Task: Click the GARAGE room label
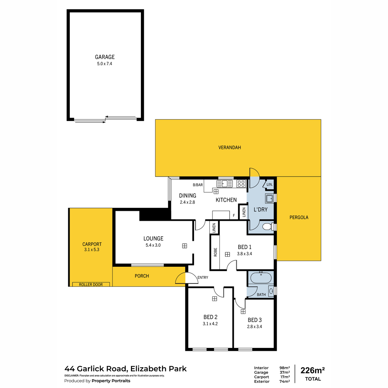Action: [105, 57]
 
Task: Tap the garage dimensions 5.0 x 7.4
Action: [104, 64]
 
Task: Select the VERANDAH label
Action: [230, 147]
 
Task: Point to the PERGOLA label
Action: [299, 217]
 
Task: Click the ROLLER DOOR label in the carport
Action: [91, 285]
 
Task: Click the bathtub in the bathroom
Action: [261, 278]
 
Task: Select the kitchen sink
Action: [224, 184]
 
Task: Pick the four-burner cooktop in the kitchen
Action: [241, 184]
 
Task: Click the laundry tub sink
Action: [269, 199]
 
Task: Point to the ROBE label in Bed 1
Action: [215, 252]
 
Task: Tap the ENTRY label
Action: [203, 277]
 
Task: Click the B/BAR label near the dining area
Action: [198, 185]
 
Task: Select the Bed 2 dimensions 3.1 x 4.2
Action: [210, 324]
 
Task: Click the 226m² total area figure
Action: [312, 370]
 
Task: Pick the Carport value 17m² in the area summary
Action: [285, 377]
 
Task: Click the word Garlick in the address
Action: [102, 369]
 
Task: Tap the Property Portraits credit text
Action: [111, 381]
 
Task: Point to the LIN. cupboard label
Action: [270, 184]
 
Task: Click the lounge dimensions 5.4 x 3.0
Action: [153, 245]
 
